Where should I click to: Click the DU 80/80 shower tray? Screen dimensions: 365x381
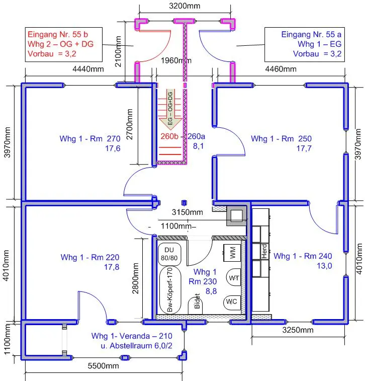point(169,254)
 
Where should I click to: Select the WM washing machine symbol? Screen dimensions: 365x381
point(232,253)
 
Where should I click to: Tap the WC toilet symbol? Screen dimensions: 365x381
point(232,302)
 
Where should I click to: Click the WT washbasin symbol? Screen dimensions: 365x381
point(233,278)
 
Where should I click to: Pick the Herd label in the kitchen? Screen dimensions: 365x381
point(264,252)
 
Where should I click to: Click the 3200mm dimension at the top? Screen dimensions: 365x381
point(185,6)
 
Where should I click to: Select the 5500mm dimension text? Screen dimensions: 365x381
point(103,366)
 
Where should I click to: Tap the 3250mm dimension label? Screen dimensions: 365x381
point(298,330)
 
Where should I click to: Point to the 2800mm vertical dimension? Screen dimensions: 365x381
point(135,278)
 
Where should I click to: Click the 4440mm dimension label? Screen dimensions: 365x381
point(88,69)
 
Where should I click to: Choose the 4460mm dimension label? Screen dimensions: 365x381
point(281,69)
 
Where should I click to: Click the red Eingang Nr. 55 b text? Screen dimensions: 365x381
point(58,34)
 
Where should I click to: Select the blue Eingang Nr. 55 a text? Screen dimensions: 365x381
point(311,34)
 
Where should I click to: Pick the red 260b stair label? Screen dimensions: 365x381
point(169,136)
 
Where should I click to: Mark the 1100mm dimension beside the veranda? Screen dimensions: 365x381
point(7,339)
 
